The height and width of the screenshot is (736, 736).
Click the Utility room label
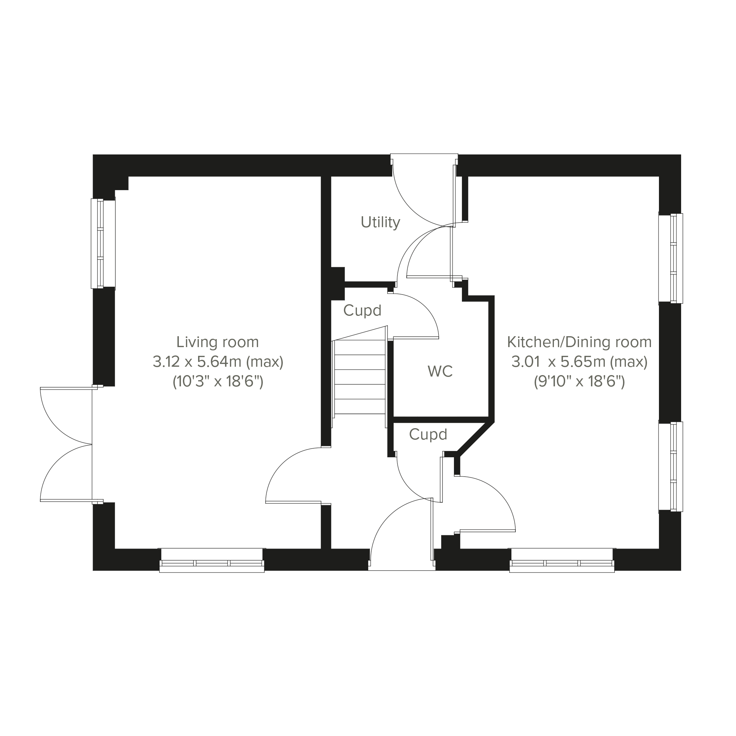(380, 222)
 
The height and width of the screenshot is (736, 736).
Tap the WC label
(440, 371)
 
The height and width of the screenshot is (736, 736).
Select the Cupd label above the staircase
(362, 310)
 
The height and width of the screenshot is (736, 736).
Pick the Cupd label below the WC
(428, 434)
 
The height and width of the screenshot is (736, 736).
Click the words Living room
(217, 342)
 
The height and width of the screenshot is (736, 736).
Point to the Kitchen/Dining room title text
(579, 342)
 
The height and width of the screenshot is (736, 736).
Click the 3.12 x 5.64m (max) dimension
(218, 362)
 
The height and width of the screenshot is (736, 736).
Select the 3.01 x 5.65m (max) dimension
(579, 362)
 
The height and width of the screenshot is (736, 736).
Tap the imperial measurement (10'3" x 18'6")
(218, 381)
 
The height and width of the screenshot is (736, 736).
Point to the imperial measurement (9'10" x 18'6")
(579, 381)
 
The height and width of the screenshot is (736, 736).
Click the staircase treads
(359, 377)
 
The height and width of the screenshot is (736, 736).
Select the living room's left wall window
(103, 244)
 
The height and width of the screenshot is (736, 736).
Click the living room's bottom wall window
(212, 560)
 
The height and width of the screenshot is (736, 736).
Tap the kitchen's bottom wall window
(562, 560)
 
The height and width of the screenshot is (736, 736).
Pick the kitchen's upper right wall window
(671, 258)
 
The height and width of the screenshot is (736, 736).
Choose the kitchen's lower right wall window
(671, 466)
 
